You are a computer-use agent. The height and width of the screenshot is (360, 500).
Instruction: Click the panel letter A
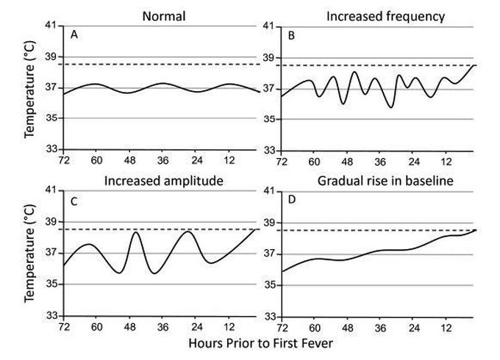74,35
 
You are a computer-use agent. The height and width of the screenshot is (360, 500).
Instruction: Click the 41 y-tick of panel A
54,26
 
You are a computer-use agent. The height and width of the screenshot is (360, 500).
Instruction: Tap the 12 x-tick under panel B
446,159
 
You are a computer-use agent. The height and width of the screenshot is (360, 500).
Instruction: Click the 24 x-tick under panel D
413,325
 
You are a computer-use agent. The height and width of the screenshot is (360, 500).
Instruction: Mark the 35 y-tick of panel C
54,284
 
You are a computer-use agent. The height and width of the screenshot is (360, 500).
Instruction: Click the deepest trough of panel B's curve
392,107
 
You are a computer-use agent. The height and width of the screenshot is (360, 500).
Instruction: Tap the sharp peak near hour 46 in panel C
136,232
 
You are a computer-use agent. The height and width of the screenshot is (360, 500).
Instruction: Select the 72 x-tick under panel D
282,325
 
